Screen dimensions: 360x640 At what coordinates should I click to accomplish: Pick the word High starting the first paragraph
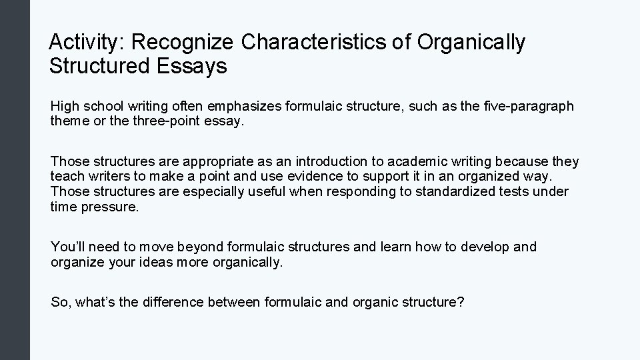65,107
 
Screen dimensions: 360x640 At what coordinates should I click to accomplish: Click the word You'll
69,247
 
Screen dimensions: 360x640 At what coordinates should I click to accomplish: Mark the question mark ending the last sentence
461,303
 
